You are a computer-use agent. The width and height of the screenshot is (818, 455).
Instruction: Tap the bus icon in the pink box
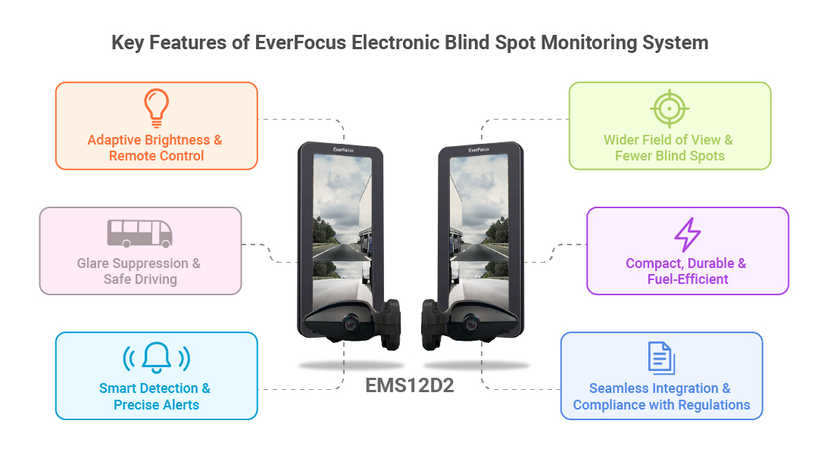click(140, 233)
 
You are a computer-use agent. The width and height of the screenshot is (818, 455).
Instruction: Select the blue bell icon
click(157, 357)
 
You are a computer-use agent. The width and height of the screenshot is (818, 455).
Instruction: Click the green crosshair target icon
click(670, 108)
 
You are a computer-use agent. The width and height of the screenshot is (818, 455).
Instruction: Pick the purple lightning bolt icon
click(688, 235)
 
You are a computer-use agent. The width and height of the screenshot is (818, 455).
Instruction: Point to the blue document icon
click(661, 358)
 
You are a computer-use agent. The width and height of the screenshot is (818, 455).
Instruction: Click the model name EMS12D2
click(410, 385)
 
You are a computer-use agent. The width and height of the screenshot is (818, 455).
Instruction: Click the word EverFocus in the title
click(301, 42)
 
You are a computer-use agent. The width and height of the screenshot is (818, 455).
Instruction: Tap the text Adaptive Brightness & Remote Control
click(155, 148)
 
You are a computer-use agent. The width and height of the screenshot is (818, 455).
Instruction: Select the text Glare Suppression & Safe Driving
click(139, 271)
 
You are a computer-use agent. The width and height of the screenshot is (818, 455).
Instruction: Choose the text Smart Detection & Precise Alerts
click(155, 397)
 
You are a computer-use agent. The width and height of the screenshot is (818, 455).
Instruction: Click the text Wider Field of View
click(662, 139)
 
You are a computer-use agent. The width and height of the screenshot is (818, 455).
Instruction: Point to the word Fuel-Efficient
click(688, 279)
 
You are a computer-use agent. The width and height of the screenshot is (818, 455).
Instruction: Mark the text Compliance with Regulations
click(661, 405)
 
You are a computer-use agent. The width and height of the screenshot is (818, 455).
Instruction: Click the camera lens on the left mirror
click(351, 323)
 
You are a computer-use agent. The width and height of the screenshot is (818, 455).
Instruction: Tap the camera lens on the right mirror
click(471, 323)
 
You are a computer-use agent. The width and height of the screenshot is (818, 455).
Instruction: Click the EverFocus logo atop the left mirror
click(344, 150)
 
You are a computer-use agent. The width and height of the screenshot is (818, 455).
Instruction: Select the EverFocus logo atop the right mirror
click(479, 150)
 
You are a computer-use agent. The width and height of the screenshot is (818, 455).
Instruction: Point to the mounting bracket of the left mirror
click(388, 323)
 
